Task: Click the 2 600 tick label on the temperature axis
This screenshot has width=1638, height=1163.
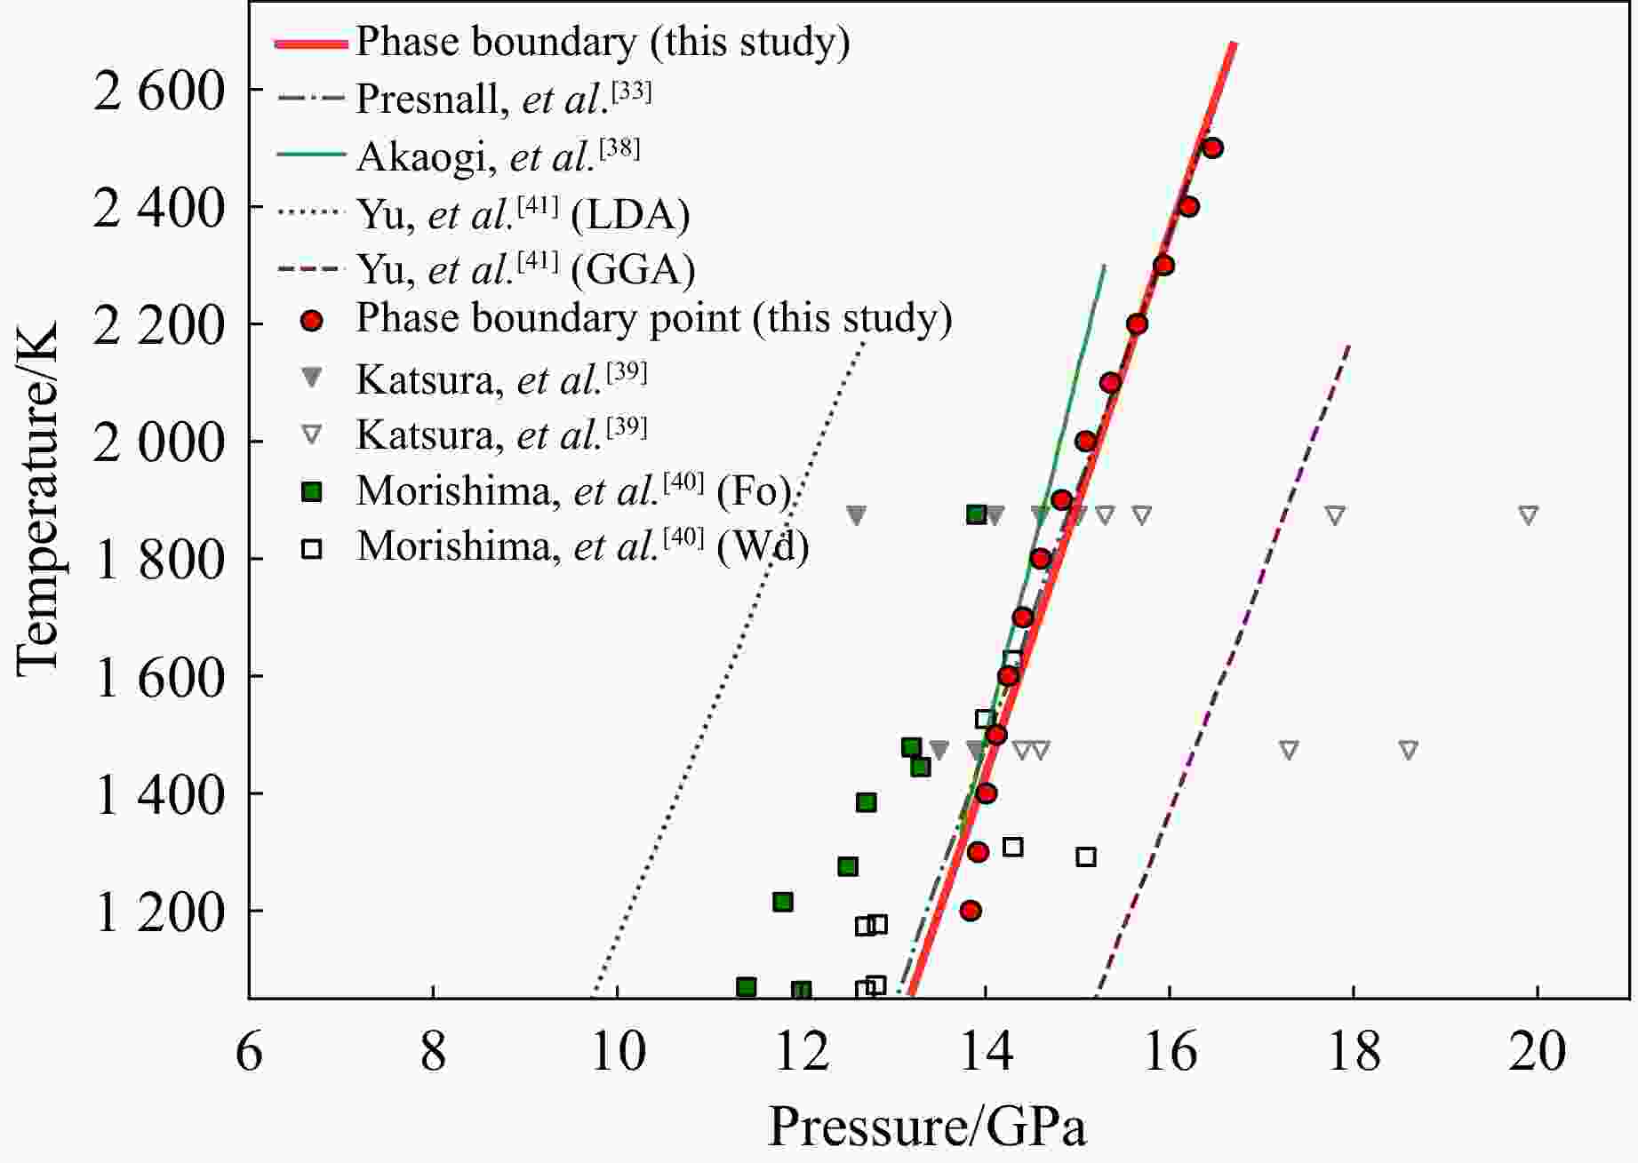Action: [159, 91]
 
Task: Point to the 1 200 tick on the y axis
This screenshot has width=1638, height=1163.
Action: [159, 912]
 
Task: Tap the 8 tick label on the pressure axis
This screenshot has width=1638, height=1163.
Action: [433, 1052]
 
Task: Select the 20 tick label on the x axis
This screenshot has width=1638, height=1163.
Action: [1537, 1052]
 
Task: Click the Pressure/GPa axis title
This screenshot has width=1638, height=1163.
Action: [926, 1127]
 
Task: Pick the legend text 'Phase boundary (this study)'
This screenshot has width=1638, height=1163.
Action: [603, 42]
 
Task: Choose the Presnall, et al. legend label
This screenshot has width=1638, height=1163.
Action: [503, 98]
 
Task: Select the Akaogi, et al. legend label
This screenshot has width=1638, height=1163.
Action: [498, 155]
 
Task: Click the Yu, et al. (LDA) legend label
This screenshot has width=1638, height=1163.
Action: [523, 214]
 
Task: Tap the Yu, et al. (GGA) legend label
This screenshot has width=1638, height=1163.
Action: [525, 268]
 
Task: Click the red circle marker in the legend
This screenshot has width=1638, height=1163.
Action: [311, 320]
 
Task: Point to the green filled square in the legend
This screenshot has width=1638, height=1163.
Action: [311, 491]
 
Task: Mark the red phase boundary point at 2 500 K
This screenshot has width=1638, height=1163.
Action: [1212, 148]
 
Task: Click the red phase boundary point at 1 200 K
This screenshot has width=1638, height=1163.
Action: [971, 911]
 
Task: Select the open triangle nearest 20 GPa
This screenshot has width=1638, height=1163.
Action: [1528, 515]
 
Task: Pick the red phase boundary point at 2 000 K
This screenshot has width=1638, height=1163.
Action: [1085, 442]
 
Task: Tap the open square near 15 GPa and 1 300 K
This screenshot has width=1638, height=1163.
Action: [1085, 857]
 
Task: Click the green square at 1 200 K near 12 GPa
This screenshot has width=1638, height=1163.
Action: [782, 902]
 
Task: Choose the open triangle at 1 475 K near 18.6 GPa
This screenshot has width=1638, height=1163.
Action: [1408, 751]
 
